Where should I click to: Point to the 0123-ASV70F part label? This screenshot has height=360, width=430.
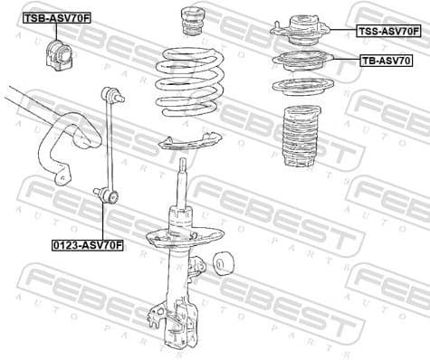point(88,244)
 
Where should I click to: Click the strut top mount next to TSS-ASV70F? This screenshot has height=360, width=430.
point(299,32)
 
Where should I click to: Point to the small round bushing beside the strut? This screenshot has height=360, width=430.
point(225,265)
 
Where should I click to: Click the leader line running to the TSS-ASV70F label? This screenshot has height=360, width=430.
point(339,31)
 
